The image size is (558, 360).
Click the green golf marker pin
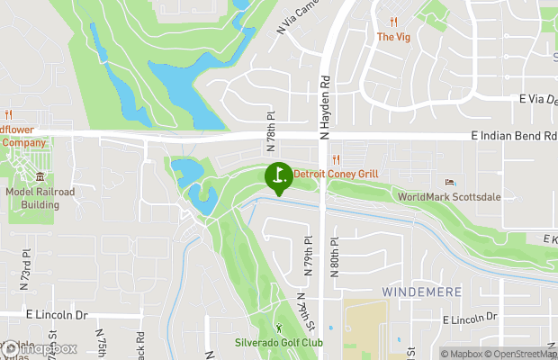pyautogui.click(x=278, y=175)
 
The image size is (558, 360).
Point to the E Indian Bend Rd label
pyautogui.click(x=514, y=135)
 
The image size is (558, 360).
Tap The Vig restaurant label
pyautogui.click(x=393, y=37)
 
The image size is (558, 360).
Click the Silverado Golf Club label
pyautogui.click(x=278, y=343)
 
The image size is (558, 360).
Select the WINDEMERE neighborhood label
pyautogui.click(x=421, y=292)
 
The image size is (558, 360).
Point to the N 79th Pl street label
pyautogui.click(x=307, y=256)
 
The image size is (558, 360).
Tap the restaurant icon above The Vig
pyautogui.click(x=393, y=22)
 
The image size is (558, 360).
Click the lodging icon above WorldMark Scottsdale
pyautogui.click(x=451, y=183)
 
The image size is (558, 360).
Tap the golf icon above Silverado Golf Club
pyautogui.click(x=278, y=328)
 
